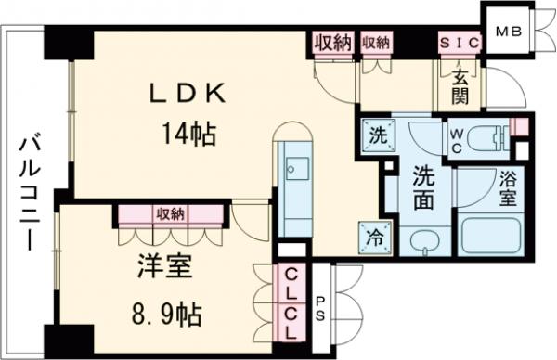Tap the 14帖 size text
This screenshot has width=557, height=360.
coord(191,136)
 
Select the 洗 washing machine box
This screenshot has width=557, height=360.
coord(378,133)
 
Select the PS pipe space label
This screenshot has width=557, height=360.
coord(321,306)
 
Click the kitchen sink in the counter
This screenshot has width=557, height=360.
coord(299,167)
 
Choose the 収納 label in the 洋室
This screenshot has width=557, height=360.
coord(169,213)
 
